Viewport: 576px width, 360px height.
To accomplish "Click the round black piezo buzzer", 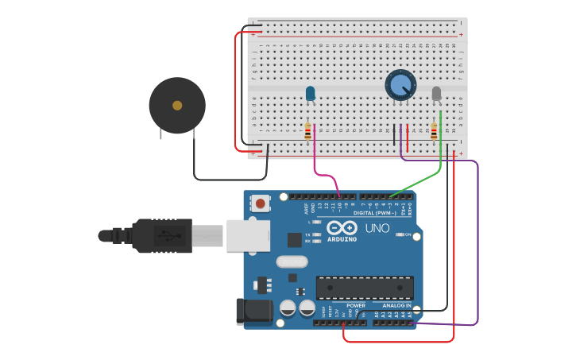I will pyautogui.click(x=176, y=106).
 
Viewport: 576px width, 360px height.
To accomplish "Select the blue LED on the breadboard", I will pyautogui.click(x=311, y=94).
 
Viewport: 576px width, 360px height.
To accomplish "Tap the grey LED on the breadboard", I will pyautogui.click(x=436, y=94).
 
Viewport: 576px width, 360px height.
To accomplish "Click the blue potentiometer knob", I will pyautogui.click(x=400, y=84).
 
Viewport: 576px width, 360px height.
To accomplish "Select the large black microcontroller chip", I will pyautogui.click(x=365, y=288).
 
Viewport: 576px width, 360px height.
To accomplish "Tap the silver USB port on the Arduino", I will pyautogui.click(x=248, y=235).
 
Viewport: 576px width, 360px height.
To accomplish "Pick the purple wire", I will pyautogui.click(x=477, y=238).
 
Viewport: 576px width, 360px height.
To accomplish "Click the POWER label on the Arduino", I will pyautogui.click(x=356, y=305).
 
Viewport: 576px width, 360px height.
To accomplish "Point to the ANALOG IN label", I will pyautogui.click(x=397, y=305).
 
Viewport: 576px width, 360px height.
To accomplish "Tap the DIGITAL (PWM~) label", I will pyautogui.click(x=374, y=213).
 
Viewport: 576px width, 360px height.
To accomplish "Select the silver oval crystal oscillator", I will pyautogui.click(x=292, y=261).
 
